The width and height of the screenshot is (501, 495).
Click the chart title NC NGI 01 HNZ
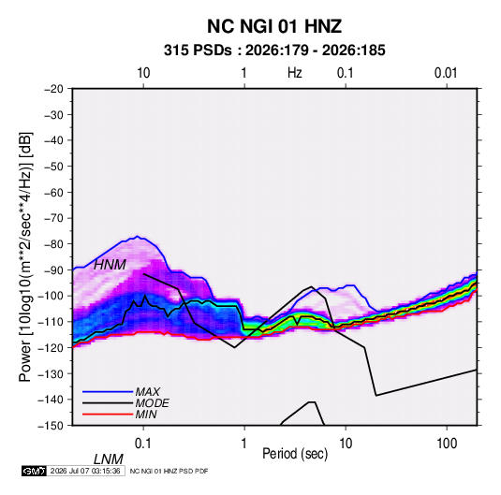274,26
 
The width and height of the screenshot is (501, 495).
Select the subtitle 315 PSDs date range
274,51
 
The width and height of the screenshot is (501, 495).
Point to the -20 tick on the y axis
53,89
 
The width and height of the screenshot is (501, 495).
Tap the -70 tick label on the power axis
53,218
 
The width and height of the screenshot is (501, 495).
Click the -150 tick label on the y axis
52,426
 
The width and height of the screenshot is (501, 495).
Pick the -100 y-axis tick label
52,296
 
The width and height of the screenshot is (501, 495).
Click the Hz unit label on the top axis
295,73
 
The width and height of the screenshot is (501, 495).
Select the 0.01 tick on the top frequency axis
446,73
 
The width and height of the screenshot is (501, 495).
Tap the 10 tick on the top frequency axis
143,73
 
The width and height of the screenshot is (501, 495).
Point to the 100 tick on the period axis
447,443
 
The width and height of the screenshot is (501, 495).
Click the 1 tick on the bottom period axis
244,443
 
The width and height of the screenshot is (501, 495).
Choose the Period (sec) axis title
295,454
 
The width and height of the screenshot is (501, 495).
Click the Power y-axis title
25,256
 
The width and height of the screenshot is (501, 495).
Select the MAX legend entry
147,391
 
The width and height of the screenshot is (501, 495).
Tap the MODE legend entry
152,403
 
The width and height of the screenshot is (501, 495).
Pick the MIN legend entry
146,415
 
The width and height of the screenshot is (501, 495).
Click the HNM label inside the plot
110,265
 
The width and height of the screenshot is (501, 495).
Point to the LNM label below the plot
109,459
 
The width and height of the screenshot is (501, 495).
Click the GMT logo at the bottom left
34,471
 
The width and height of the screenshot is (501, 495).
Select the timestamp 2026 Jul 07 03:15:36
85,471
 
